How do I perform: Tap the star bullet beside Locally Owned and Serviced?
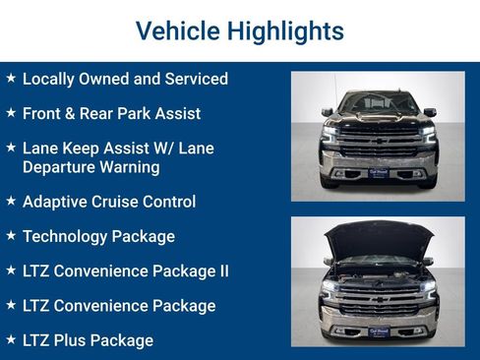10,78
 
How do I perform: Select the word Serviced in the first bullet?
195,79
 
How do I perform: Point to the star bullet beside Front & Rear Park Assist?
10,113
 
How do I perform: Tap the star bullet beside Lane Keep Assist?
10,148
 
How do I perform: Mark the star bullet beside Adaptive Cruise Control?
10,201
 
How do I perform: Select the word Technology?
66,237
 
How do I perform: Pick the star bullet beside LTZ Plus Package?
10,339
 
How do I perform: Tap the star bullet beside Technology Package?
10,236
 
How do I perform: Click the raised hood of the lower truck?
379,238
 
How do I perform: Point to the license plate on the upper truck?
379,173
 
